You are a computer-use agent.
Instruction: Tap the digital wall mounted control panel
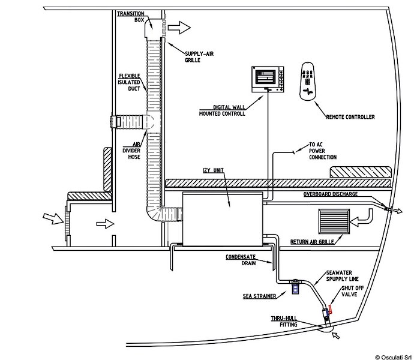(x=268, y=78)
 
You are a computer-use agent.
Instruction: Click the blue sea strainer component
(x=296, y=287)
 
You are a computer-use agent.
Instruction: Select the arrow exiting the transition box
(x=179, y=28)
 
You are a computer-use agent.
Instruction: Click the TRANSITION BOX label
(x=131, y=16)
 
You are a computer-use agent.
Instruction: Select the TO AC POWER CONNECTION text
(x=322, y=151)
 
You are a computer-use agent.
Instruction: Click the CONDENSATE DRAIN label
(x=242, y=259)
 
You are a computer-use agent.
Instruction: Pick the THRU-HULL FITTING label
(x=284, y=322)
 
